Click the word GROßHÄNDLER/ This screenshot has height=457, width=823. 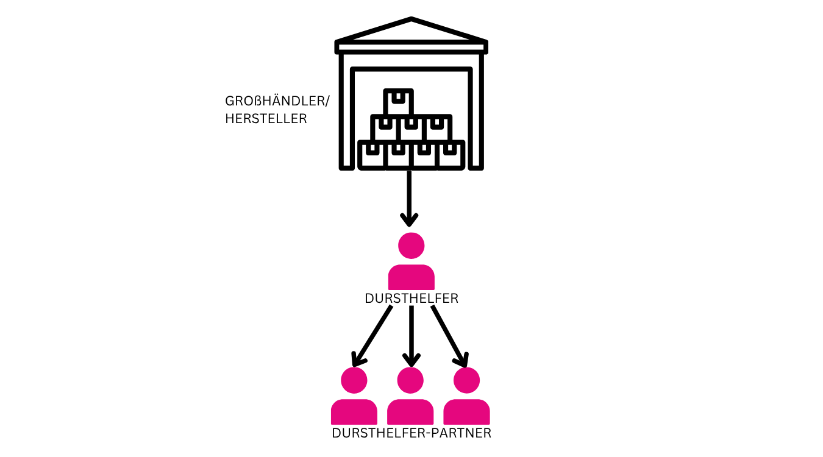point(277,101)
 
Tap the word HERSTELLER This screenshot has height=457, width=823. point(266,119)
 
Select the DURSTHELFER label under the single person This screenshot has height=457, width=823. point(411,299)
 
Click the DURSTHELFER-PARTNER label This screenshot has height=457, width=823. point(411,433)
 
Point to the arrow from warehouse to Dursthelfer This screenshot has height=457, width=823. point(409,199)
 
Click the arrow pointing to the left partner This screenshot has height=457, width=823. point(372,336)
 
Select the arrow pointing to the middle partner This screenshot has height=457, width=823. point(411,336)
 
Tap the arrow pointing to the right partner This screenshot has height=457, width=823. point(450,336)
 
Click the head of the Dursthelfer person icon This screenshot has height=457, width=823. point(411,246)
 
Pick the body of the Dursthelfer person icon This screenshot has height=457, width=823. point(411,277)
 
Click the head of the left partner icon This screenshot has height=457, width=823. point(354,380)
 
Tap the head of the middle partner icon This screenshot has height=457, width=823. point(410,380)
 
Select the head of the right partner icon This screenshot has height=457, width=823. point(466,380)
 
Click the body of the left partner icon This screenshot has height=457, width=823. point(354,412)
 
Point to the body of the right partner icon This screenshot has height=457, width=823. point(466,412)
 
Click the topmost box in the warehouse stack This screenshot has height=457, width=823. point(399,102)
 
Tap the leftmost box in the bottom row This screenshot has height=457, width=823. point(372,155)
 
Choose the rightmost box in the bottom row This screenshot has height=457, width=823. point(451,155)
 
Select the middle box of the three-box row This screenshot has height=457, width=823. point(411,128)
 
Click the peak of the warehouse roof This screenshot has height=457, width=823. point(411,18)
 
